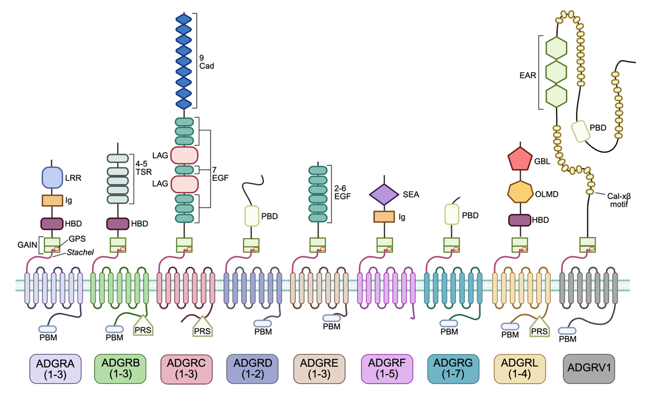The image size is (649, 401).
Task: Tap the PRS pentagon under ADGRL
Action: tap(540, 326)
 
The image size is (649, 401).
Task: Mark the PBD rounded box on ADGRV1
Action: tap(580, 131)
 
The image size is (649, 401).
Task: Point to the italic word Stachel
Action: tap(80, 252)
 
